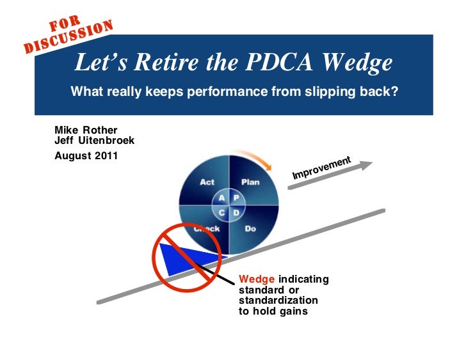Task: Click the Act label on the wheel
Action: (x=207, y=182)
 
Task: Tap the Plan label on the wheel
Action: (x=250, y=182)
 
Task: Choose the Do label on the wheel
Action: (x=250, y=228)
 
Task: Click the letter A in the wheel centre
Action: (x=222, y=198)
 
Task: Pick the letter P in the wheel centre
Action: (x=236, y=198)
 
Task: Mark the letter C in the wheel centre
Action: (x=222, y=212)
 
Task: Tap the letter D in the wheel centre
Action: (x=236, y=212)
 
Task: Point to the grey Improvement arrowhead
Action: (x=365, y=165)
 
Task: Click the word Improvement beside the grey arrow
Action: (x=321, y=168)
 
